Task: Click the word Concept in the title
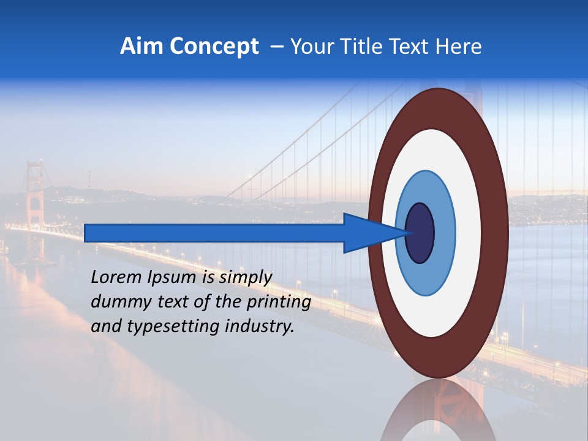click(214, 47)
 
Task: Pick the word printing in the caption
click(279, 303)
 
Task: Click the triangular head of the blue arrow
click(367, 233)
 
